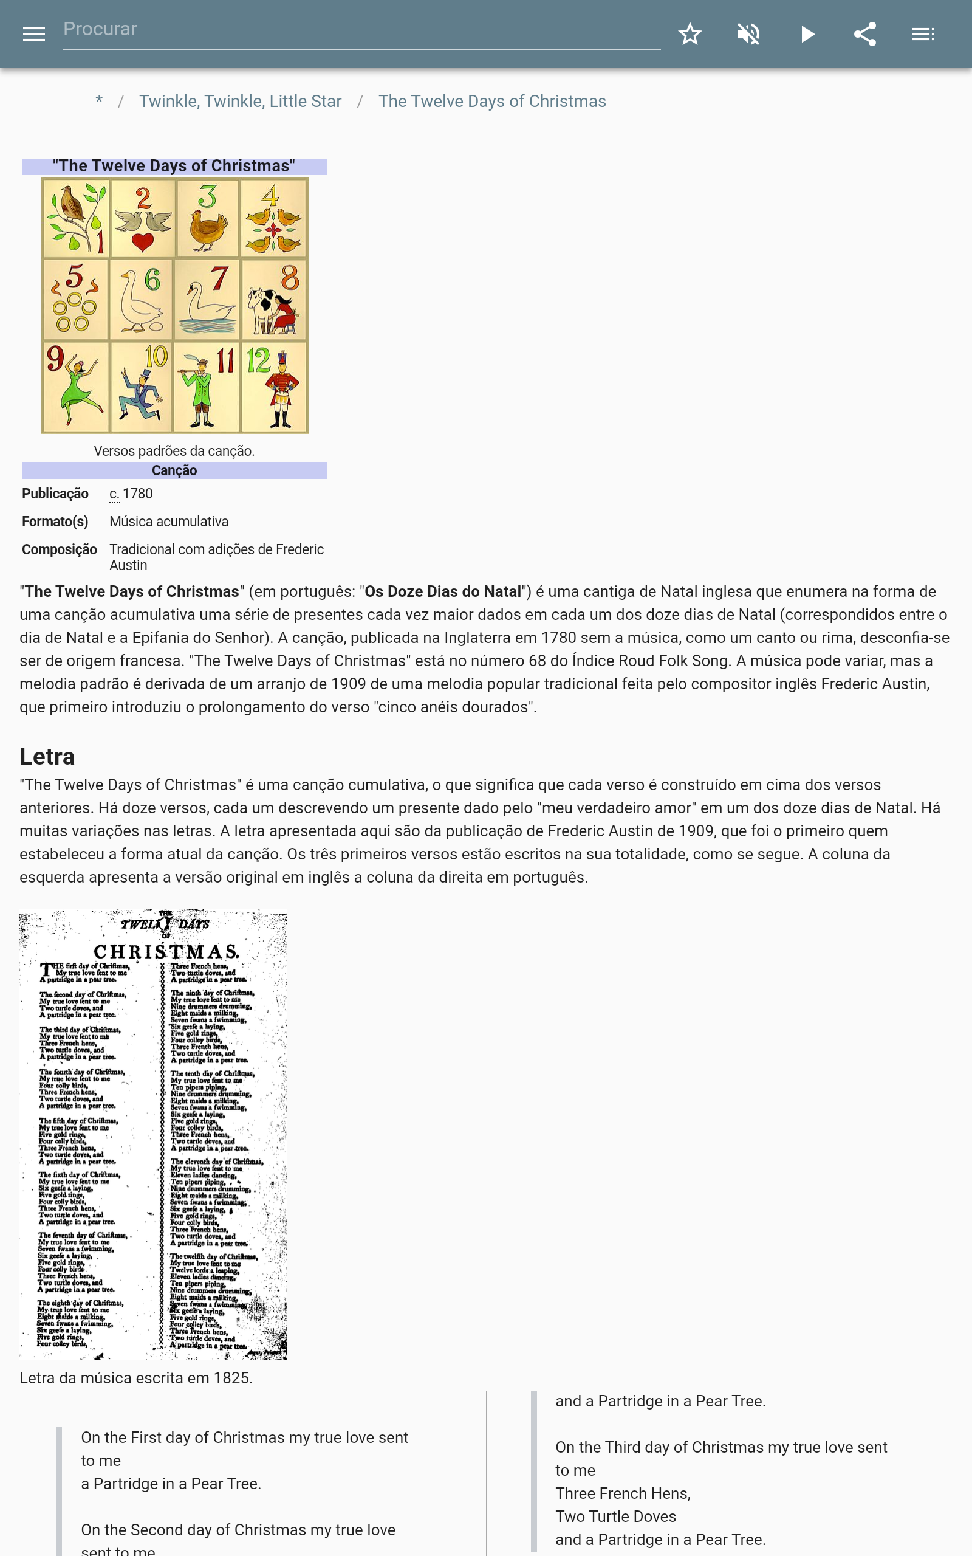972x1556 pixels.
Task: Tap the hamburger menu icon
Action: pos(33,34)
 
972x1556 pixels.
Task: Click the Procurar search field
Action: pos(360,30)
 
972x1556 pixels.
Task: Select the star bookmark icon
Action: pos(690,34)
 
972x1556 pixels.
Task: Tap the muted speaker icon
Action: pos(748,34)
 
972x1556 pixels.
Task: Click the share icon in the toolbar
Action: pos(864,34)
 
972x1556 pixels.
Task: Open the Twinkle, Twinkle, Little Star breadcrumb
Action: pos(240,102)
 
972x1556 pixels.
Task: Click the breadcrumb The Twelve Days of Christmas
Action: pos(492,102)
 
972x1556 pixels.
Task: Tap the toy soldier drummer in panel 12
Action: pos(281,389)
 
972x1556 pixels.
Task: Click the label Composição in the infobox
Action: pos(59,549)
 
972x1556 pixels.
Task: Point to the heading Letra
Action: pos(47,757)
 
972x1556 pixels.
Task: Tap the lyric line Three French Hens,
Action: pos(622,1493)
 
